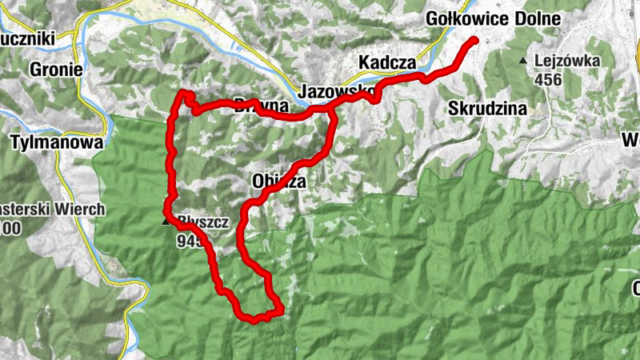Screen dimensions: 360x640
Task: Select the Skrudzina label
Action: (486, 106)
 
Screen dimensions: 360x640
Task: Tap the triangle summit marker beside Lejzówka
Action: (523, 61)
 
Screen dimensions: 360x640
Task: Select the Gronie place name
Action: (56, 70)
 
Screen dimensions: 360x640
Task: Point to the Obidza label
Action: (278, 181)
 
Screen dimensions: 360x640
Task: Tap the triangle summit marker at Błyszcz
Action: (166, 222)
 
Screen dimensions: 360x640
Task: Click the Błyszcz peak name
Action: (200, 222)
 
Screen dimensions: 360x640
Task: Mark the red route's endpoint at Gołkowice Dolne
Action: (474, 40)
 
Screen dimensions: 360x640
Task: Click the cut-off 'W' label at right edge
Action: (630, 141)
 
